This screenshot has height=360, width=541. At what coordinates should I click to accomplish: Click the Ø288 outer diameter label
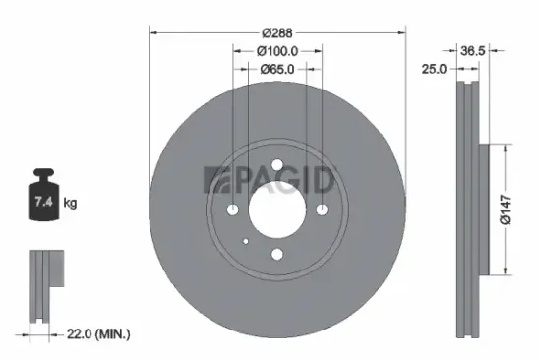click(277, 33)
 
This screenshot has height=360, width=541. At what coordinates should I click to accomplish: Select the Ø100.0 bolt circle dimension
click(277, 51)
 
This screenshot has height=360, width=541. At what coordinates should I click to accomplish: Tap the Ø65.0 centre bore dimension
click(277, 70)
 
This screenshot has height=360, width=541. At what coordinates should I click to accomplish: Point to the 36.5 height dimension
click(473, 51)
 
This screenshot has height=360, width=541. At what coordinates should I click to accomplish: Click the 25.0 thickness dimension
click(434, 69)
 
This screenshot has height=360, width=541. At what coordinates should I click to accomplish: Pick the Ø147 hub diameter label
click(506, 210)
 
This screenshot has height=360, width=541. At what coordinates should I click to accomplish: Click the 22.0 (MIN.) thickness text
click(98, 333)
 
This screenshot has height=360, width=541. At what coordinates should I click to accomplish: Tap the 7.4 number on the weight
click(43, 201)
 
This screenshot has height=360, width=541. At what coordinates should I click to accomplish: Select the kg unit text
click(70, 203)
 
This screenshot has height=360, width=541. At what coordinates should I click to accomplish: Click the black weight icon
click(43, 195)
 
